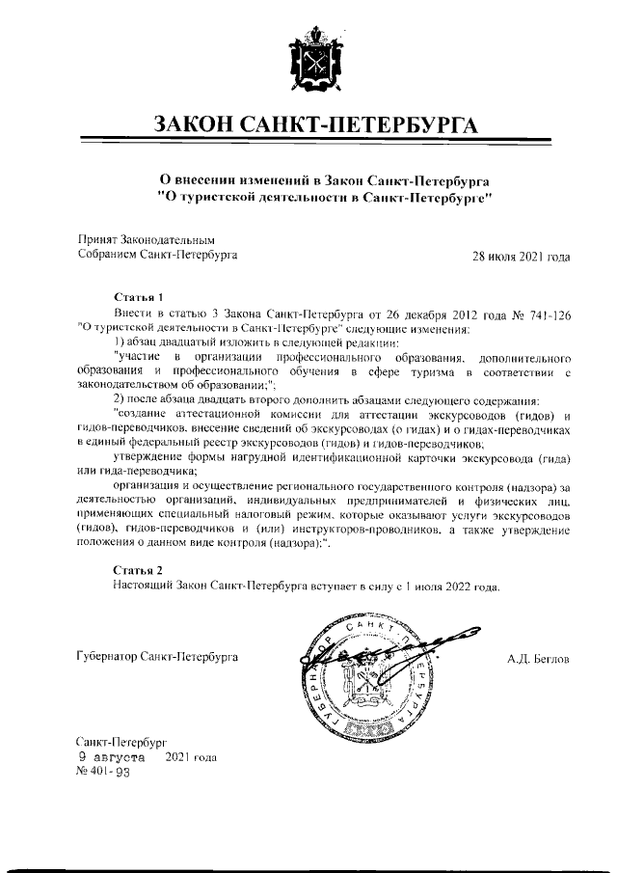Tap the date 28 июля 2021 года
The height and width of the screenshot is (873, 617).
tap(521, 257)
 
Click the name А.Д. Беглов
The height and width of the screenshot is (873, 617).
tap(538, 659)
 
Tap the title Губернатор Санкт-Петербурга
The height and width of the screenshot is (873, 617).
tap(157, 658)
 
